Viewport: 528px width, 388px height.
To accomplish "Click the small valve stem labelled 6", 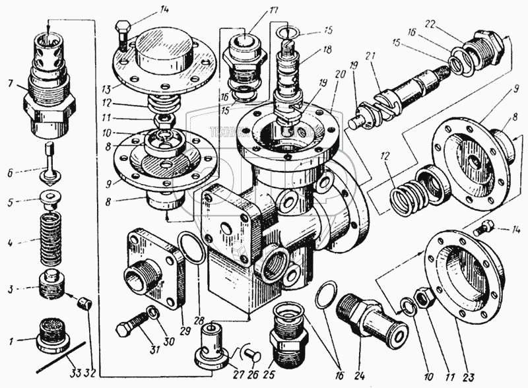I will pyautogui.click(x=48, y=164).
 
